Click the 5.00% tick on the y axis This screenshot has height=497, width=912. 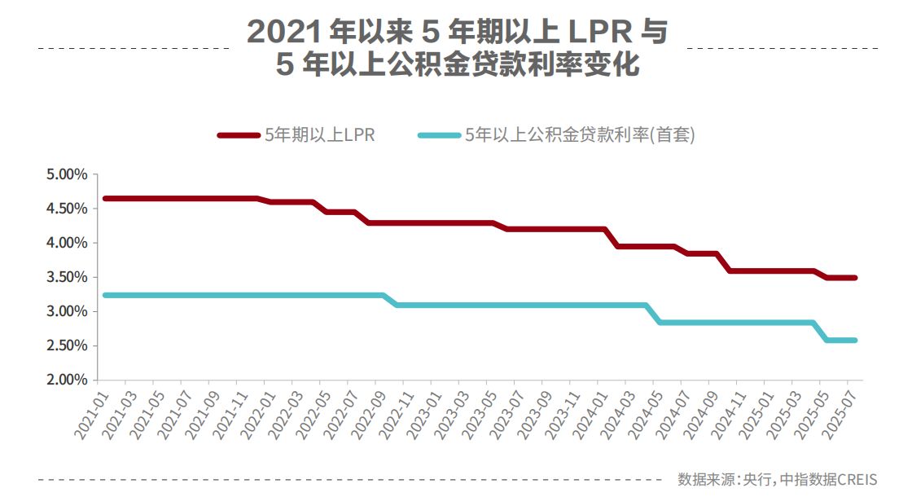click(66, 174)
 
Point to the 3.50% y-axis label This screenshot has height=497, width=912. click(66, 277)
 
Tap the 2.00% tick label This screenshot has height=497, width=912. click(66, 380)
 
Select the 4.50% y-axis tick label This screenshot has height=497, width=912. click(66, 209)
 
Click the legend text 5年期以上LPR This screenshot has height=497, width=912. click(319, 136)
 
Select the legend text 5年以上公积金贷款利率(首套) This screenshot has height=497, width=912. click(580, 136)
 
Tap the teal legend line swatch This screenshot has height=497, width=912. click(438, 136)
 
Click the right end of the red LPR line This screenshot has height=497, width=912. click(855, 278)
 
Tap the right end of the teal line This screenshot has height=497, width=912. click(855, 340)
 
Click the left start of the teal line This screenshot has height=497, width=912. click(105, 295)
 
